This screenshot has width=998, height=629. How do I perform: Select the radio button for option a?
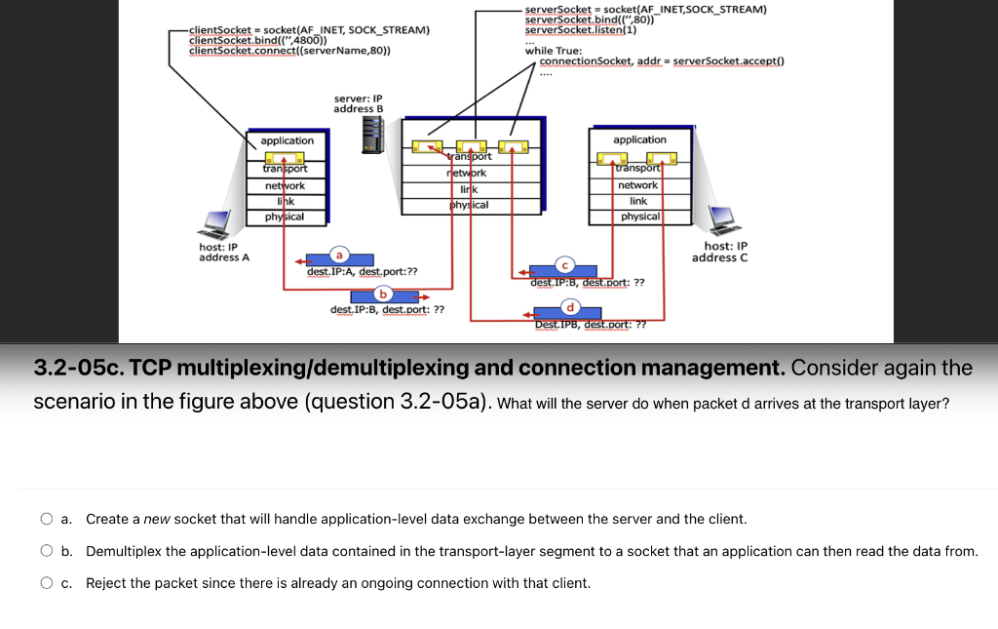tap(47, 520)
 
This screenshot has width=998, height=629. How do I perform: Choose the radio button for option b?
tap(47, 552)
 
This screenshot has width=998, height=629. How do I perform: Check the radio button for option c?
tap(47, 584)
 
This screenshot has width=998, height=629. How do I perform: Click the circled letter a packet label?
tap(339, 253)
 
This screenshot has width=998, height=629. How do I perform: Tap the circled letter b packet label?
tap(384, 293)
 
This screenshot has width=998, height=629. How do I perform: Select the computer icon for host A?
tap(215, 224)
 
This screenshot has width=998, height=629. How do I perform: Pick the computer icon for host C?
tap(722, 221)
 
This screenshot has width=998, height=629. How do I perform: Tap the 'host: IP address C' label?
tap(719, 253)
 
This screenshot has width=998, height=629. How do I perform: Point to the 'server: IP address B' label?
tap(358, 103)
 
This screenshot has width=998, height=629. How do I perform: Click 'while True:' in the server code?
tap(554, 51)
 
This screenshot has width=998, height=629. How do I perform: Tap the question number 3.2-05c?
tap(79, 369)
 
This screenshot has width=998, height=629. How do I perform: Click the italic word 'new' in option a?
tap(157, 520)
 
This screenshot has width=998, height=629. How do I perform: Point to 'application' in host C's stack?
tap(639, 139)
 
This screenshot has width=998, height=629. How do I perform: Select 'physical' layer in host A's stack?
tap(285, 216)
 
